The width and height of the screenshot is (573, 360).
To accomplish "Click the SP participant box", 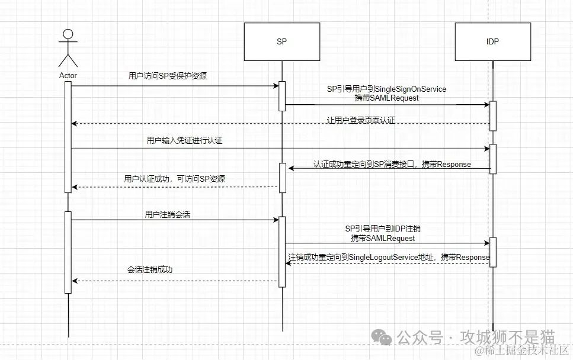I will [282, 41].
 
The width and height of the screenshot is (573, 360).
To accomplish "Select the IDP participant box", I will [492, 41].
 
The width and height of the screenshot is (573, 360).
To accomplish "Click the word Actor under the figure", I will [68, 76].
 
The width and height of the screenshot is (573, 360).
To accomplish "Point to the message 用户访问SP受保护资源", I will [168, 76].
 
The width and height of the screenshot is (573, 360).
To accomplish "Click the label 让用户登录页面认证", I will [360, 120].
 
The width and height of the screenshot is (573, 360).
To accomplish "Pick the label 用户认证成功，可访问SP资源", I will [175, 179].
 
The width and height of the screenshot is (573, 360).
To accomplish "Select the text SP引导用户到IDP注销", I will [383, 228].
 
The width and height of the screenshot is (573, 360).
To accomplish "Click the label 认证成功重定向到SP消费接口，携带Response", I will [392, 163].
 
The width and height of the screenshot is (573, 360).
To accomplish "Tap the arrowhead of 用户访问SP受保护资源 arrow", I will [276, 86].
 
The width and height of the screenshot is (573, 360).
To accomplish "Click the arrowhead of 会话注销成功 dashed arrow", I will [73, 281].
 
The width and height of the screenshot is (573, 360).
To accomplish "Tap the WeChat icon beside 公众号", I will [382, 337].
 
